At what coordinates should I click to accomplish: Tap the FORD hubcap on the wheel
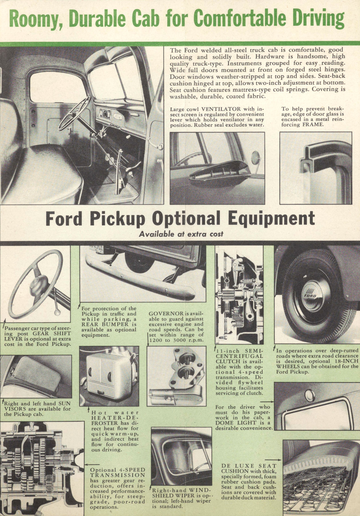tap(310, 295)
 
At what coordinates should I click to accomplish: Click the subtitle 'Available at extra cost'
tap(181, 234)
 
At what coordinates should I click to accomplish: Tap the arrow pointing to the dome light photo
tap(267, 402)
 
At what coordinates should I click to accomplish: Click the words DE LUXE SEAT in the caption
tap(249, 466)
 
